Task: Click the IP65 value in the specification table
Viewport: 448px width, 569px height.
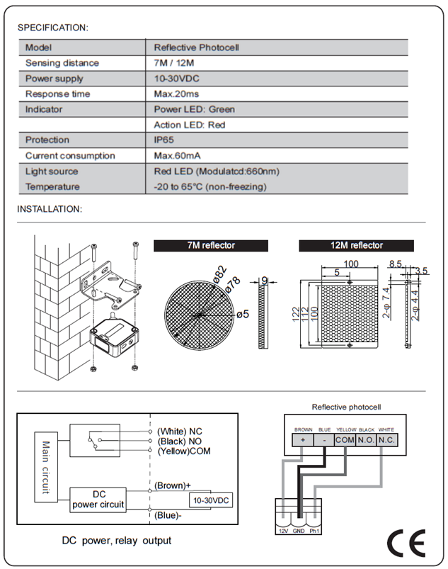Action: click(x=165, y=140)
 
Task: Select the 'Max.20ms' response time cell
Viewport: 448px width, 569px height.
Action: click(x=176, y=94)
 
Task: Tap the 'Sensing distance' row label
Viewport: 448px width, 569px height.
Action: click(x=62, y=63)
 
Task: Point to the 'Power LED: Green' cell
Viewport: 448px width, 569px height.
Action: click(x=194, y=110)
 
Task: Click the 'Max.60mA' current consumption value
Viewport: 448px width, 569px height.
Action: click(x=177, y=156)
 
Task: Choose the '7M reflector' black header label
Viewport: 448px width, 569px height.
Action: click(x=211, y=246)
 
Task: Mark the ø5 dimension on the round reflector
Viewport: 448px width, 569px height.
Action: click(x=243, y=313)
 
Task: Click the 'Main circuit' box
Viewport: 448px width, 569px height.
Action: click(x=45, y=467)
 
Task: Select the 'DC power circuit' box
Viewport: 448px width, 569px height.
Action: click(x=98, y=499)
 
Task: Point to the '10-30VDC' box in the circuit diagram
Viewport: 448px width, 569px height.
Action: click(x=210, y=500)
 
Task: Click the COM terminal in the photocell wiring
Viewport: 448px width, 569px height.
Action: click(x=345, y=440)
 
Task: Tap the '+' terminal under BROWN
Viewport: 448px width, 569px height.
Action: click(x=304, y=440)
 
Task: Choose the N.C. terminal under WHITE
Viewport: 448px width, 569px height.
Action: click(x=386, y=440)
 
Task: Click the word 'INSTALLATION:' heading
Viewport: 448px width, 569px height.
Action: click(x=50, y=209)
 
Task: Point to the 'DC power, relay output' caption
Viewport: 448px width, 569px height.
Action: click(x=117, y=541)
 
